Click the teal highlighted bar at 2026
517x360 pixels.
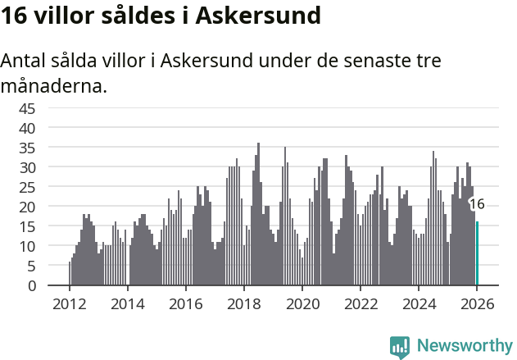(478, 253)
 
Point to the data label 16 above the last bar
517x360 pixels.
(477, 204)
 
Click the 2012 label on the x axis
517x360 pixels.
(69, 303)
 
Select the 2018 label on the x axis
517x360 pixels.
(244, 303)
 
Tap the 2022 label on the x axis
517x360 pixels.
(361, 303)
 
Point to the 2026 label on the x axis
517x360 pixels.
(477, 303)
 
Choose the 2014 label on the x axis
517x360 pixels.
(127, 303)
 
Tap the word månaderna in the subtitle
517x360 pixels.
(54, 84)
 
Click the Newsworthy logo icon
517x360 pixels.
(400, 346)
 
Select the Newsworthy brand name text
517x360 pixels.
(464, 346)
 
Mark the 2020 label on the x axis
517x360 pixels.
(302, 303)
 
